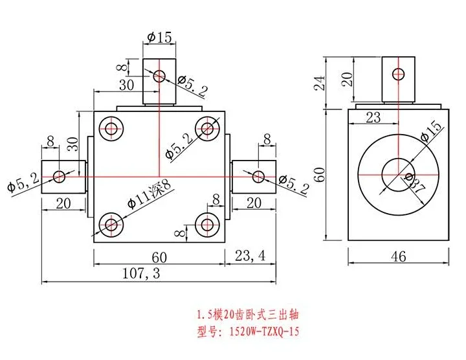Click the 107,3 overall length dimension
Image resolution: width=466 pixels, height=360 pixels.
tap(141, 273)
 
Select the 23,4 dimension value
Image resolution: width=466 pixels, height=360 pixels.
tap(250, 256)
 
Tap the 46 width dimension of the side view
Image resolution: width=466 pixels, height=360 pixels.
tap(398, 256)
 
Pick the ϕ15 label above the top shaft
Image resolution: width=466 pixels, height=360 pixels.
tap(159, 38)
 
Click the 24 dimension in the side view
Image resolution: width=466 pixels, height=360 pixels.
tap(320, 83)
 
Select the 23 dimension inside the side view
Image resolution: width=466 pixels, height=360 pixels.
tap(373, 117)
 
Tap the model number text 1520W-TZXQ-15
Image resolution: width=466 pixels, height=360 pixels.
tap(264, 331)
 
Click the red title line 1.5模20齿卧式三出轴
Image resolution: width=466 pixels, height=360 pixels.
tap(248, 315)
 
